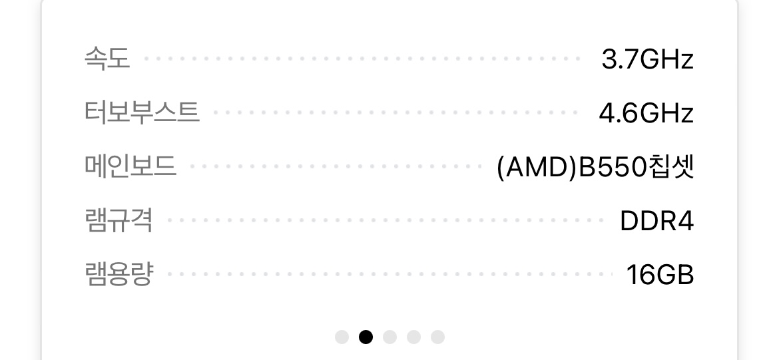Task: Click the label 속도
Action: pyautogui.click(x=107, y=59)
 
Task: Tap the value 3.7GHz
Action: pyautogui.click(x=647, y=60)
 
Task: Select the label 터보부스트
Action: pyautogui.click(x=142, y=112)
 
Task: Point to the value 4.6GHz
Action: pyautogui.click(x=646, y=113)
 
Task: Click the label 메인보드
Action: pyautogui.click(x=130, y=166)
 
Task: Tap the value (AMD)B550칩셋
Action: pyautogui.click(x=595, y=167)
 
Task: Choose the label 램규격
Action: pyautogui.click(x=119, y=220)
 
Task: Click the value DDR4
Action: pyautogui.click(x=656, y=221)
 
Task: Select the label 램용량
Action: pyautogui.click(x=119, y=273)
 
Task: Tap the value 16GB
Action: pyautogui.click(x=660, y=275)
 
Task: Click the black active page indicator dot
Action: pyautogui.click(x=366, y=337)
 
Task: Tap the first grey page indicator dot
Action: pyautogui.click(x=342, y=337)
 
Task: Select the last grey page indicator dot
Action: pyautogui.click(x=437, y=337)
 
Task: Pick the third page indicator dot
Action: pyautogui.click(x=389, y=337)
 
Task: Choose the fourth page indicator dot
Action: pyautogui.click(x=413, y=337)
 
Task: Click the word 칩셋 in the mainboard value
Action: pyautogui.click(x=671, y=167)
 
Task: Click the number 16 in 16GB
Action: pyautogui.click(x=641, y=275)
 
